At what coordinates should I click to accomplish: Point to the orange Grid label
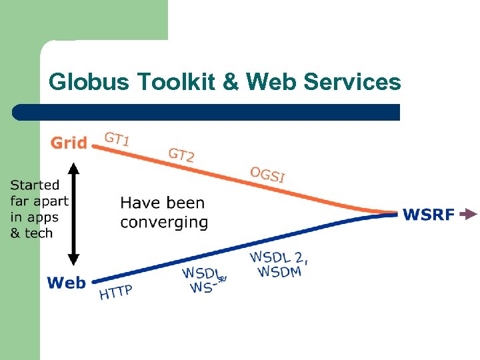pos(69,143)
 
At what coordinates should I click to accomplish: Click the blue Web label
pos(67,283)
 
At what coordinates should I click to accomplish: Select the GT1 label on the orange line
pos(117,139)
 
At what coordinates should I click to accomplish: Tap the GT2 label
pos(181,155)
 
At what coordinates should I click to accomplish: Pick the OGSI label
pos(267,174)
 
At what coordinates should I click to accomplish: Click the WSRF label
pos(429,215)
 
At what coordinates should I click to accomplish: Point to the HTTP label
pos(116,292)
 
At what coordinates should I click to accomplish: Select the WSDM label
pos(279,271)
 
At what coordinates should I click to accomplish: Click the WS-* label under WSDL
pos(206,287)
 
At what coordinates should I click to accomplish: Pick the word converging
pos(164,222)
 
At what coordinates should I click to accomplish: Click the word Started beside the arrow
pos(35,185)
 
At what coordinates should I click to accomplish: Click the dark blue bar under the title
pos(207,112)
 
